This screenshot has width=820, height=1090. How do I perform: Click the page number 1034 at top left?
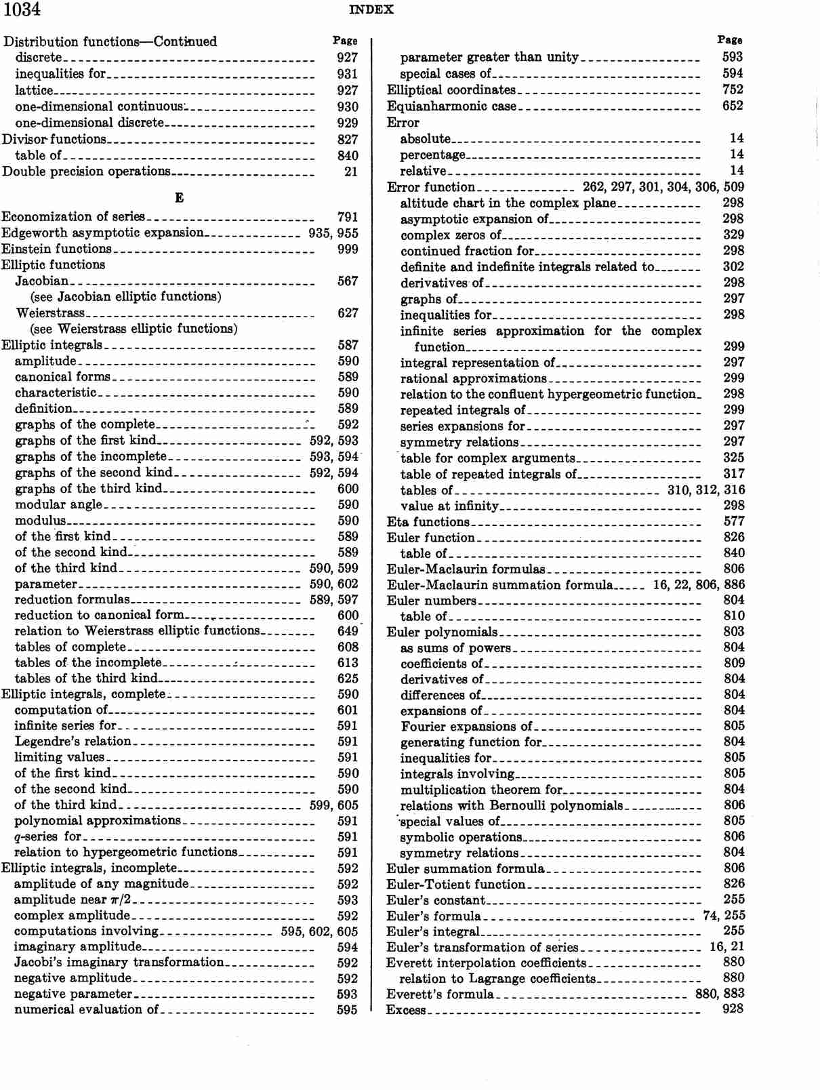[x=22, y=9]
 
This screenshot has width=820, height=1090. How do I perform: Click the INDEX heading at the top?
[x=371, y=9]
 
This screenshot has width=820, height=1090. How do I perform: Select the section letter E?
[x=179, y=198]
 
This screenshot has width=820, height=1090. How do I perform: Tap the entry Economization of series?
[x=73, y=217]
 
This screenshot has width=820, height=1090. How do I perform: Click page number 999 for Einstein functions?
[x=347, y=249]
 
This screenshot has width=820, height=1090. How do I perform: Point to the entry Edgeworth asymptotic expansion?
[x=102, y=233]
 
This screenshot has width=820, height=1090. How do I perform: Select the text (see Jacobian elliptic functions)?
[x=125, y=296]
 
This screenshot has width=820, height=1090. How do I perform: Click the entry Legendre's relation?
[x=73, y=741]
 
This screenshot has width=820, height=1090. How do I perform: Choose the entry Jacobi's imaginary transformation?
[x=119, y=963]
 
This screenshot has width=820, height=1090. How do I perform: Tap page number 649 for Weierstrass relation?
[x=347, y=631]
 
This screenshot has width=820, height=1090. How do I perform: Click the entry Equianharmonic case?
[x=451, y=106]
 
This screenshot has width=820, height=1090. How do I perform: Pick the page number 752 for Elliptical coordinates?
[x=733, y=89]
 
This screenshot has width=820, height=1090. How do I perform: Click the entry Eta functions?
[x=428, y=521]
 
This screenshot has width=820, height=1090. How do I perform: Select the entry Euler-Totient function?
[x=455, y=884]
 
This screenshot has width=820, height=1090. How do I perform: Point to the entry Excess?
[x=406, y=1010]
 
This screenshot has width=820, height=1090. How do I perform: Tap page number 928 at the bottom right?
[x=733, y=1009]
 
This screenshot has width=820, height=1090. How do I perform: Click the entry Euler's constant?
[x=436, y=900]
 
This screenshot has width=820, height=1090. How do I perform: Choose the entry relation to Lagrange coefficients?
[x=497, y=978]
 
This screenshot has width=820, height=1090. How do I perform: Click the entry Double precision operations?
[x=86, y=171]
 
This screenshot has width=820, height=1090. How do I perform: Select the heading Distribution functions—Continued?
[x=110, y=41]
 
